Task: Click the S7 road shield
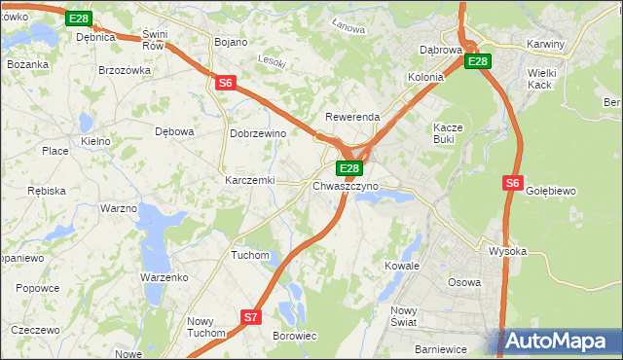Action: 251,316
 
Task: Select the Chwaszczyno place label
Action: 346,185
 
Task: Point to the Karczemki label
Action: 250,180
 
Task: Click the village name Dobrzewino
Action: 257,133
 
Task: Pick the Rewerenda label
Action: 351,117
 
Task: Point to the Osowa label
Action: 463,282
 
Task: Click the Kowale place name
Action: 401,265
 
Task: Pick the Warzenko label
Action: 164,277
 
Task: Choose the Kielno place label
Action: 95,141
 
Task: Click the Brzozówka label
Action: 125,70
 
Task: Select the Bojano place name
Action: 231,43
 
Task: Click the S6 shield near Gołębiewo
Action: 513,182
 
